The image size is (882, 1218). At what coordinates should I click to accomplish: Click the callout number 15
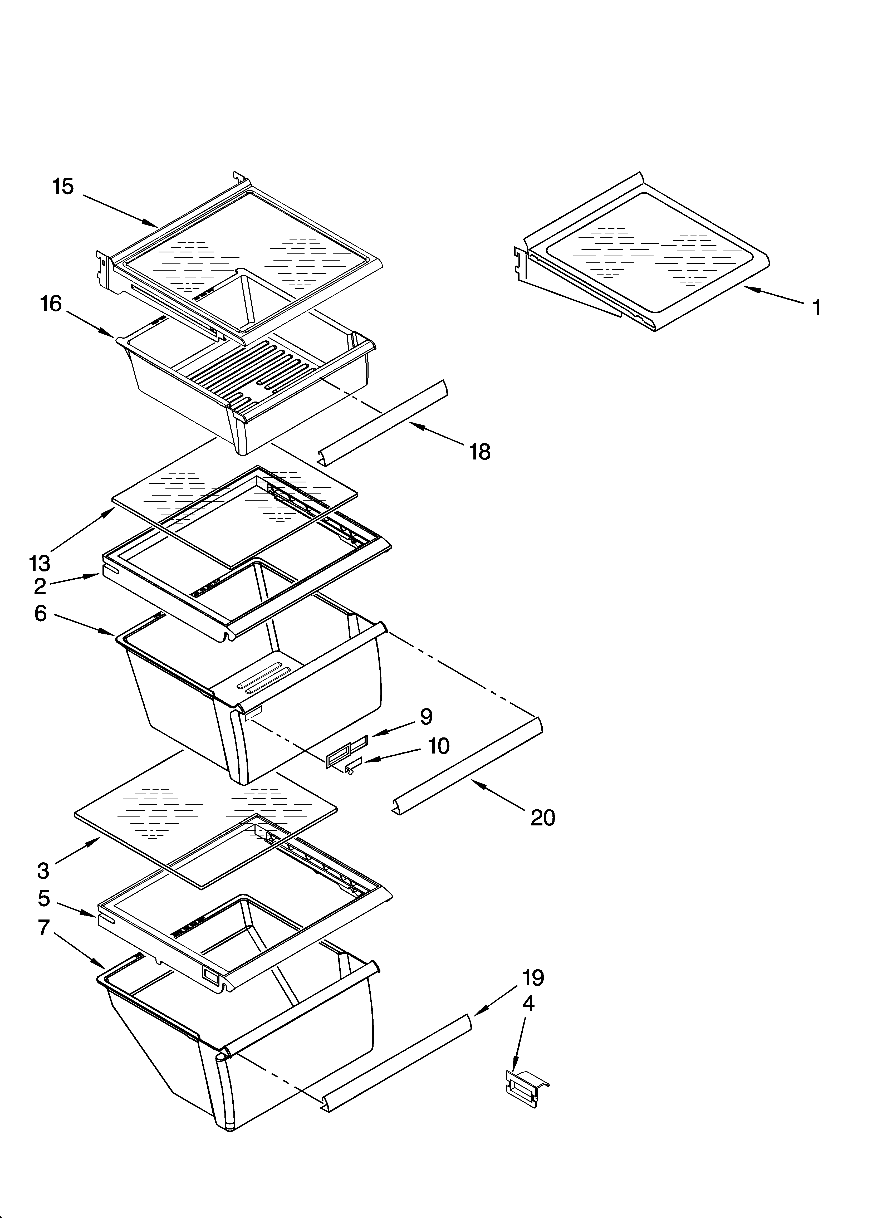(63, 187)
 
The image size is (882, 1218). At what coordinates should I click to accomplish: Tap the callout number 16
(51, 305)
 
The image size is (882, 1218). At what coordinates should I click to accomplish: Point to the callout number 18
(480, 452)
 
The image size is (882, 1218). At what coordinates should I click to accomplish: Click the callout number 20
(542, 818)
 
